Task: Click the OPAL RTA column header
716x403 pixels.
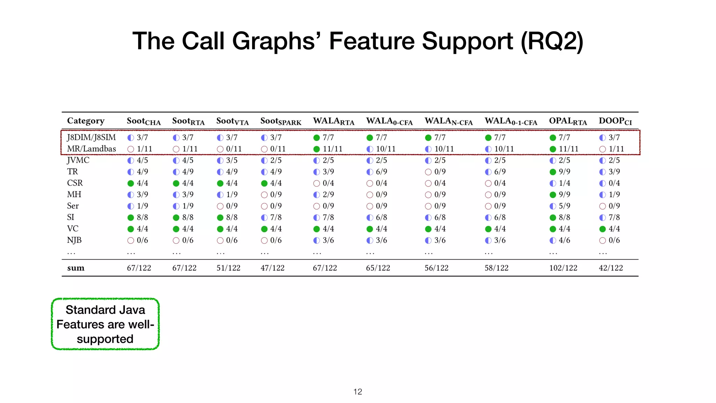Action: pos(568,121)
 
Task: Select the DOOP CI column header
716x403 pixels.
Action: pos(615,121)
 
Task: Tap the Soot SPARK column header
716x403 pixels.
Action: pos(281,121)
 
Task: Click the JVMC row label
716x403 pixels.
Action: pos(78,160)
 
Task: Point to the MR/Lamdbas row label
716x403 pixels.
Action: pos(91,149)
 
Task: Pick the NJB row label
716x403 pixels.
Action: pos(74,240)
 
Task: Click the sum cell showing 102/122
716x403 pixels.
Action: pos(563,268)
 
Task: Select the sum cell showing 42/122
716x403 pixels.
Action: pos(611,268)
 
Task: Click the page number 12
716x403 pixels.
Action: pos(358,392)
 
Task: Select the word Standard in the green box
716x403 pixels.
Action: pos(86,310)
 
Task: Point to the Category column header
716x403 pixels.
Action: pos(86,121)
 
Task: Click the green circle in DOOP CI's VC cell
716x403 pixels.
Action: pos(602,229)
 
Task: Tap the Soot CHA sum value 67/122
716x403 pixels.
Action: pos(139,268)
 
